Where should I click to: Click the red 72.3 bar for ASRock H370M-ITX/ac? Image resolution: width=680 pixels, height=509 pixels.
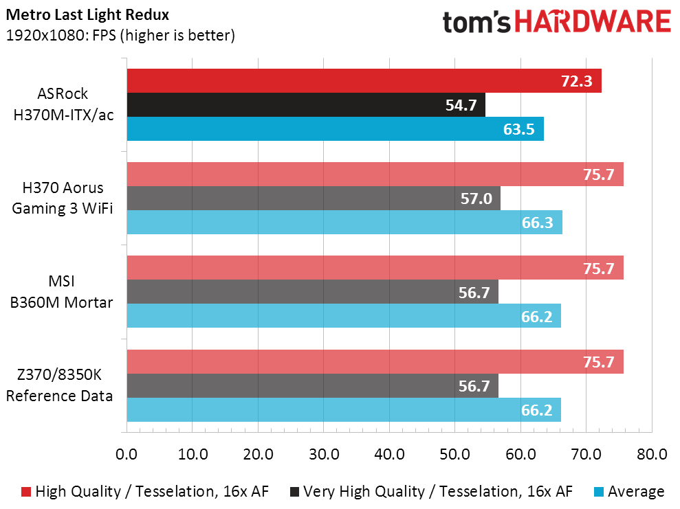(364, 80)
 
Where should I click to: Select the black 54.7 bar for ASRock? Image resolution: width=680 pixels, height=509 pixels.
(306, 105)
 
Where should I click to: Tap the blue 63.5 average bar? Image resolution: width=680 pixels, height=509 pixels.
(335, 129)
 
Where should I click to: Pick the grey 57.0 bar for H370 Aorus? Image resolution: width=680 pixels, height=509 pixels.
(314, 199)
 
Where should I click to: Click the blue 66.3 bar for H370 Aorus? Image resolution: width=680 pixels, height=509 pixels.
(344, 223)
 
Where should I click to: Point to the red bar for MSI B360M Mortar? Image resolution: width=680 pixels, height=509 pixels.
(375, 268)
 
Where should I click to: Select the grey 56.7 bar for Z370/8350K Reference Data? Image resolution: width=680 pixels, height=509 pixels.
(312, 386)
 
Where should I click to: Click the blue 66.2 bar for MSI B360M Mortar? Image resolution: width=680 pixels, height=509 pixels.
(344, 316)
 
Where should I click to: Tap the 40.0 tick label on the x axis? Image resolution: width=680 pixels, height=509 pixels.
(389, 454)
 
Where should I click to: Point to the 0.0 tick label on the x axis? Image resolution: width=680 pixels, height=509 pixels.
(127, 454)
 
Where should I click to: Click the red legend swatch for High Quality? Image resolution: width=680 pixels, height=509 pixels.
(26, 491)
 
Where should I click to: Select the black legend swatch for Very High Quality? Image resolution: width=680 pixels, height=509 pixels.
(294, 491)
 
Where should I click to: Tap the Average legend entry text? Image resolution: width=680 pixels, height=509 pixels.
(636, 491)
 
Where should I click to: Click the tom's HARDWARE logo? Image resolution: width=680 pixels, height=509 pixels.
(556, 22)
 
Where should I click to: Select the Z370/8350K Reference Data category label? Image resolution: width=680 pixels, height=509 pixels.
(59, 385)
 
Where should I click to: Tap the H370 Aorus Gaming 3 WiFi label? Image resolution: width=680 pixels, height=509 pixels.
(62, 199)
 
